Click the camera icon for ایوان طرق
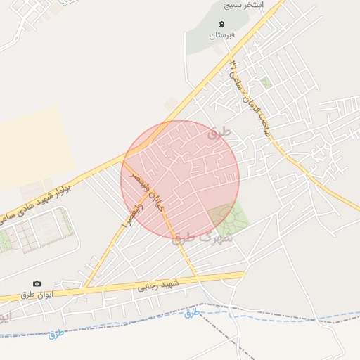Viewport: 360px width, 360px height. click(37, 283)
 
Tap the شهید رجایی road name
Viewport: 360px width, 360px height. click(159, 285)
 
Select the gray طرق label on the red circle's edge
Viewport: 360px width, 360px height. click(220, 131)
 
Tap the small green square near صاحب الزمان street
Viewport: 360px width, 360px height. click(266, 83)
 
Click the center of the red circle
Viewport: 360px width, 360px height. click(180, 180)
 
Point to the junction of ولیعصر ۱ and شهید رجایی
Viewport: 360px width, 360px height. click(84, 288)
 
